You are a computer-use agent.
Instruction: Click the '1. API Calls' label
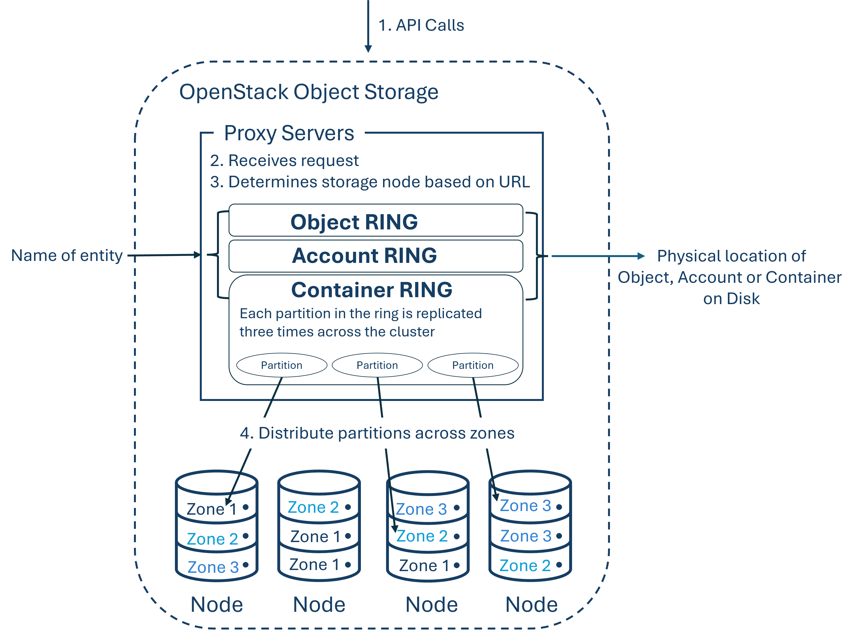click(421, 25)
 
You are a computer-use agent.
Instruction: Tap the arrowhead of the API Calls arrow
click(368, 49)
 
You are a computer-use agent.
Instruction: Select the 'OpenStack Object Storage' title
click(308, 92)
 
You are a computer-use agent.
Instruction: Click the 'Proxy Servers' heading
click(289, 133)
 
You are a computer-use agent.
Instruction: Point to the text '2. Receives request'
click(285, 160)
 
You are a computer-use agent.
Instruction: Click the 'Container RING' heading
click(372, 290)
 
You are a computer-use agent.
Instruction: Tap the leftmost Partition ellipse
click(282, 365)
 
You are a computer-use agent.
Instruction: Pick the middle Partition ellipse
click(377, 365)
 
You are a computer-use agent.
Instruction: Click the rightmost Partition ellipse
click(473, 365)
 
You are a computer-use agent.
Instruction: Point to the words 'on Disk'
click(731, 298)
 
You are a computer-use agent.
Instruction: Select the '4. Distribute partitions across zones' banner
click(377, 433)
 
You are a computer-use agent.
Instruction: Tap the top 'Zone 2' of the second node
click(313, 507)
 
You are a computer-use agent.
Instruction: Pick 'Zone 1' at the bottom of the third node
click(424, 565)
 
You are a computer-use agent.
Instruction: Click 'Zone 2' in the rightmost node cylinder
click(525, 565)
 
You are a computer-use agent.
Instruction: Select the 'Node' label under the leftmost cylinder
click(217, 604)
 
